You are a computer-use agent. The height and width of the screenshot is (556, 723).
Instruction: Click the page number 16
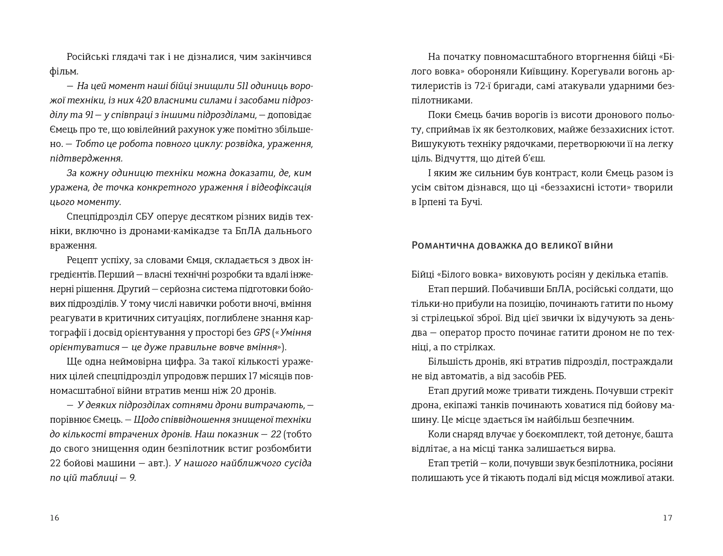(55, 518)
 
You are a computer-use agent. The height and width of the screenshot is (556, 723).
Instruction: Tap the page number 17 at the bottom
(667, 518)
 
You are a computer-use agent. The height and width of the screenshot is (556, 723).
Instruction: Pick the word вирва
(602, 449)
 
